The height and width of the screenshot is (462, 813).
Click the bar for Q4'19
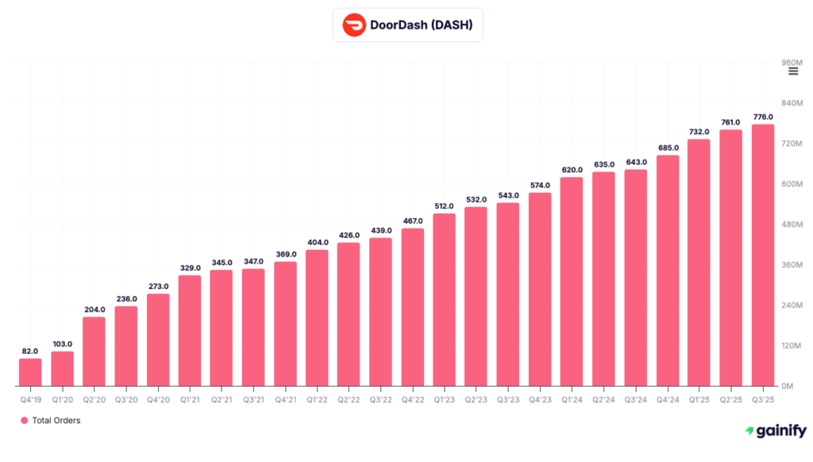pos(30,372)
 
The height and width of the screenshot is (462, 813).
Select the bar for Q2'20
pos(94,351)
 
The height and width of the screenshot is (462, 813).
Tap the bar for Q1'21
pos(190,330)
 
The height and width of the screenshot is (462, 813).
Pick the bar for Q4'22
pos(412,306)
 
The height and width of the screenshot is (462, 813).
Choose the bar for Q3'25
pos(763,255)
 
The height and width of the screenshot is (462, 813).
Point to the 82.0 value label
pos(30,350)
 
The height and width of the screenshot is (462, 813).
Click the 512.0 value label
pos(444,206)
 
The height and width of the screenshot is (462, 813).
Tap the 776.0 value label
pos(763,117)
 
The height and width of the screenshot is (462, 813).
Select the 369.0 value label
pos(285,254)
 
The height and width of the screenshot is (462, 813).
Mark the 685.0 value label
pos(668,148)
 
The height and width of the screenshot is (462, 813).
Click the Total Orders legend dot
pos(25,421)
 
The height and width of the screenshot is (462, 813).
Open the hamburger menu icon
pos(793,71)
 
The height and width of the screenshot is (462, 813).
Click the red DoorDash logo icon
pos(354,25)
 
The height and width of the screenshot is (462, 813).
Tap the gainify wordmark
pos(781,431)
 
